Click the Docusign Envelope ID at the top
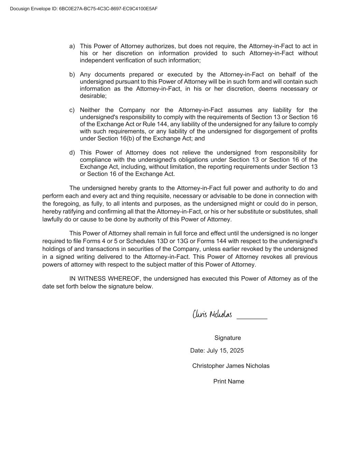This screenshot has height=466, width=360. point(84,9)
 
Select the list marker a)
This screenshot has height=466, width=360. point(72,46)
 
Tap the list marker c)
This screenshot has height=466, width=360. point(72,110)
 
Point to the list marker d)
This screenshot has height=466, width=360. point(72,153)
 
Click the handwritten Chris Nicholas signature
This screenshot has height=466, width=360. point(212,314)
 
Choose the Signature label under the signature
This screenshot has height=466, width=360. point(228,338)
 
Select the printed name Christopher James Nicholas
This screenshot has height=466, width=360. point(231,366)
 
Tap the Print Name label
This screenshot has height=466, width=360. point(229,382)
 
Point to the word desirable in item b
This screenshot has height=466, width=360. point(93,96)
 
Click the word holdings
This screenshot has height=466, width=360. point(54,249)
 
